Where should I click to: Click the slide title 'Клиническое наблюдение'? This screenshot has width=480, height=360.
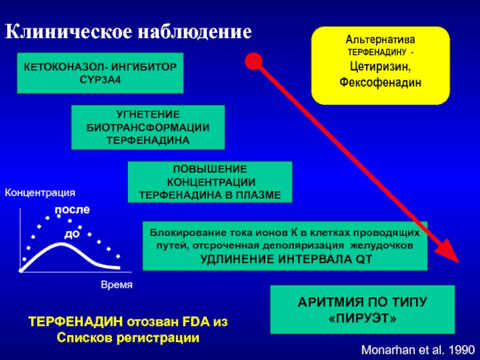pos(128,31)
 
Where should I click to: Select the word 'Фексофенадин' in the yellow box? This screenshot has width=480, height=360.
pos(379,82)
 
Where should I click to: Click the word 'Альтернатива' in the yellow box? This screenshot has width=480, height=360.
pos(379,39)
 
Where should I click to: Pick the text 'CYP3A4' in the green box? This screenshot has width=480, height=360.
pos(100,80)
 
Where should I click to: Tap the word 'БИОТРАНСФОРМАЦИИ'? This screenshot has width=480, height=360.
pos(148,127)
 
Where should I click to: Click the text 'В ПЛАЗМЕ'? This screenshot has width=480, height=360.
pos(260,195)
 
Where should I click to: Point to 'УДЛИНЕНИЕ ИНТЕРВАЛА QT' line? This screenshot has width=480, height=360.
pos(285,259)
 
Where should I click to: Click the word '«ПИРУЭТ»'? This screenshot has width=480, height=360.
pos(363,318)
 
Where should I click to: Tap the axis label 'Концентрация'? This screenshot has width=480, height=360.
pos(40,193)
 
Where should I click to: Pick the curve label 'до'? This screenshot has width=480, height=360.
pos(72,233)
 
